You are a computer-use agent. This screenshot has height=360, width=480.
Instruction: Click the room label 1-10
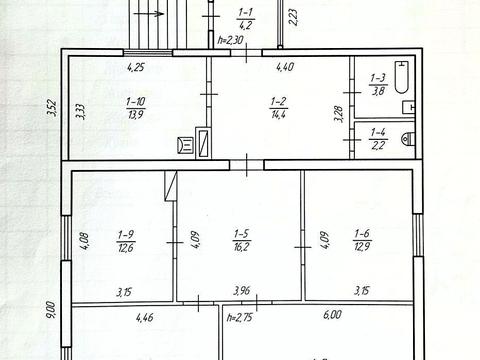pyautogui.click(x=136, y=101)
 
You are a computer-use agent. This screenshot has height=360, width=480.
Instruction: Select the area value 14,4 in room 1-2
pyautogui.click(x=279, y=115)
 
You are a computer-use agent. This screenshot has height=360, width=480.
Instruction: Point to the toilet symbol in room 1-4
pyautogui.click(x=408, y=138)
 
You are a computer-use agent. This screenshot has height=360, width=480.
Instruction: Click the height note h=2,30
pyautogui.click(x=231, y=40)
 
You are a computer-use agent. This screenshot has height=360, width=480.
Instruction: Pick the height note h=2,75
pyautogui.click(x=239, y=317)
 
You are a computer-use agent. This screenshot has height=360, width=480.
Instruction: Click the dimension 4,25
pyautogui.click(x=136, y=67)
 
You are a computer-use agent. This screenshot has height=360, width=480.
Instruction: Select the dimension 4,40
pyautogui.click(x=285, y=67)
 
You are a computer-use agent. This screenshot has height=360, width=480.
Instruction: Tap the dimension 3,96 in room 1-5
pyautogui.click(x=242, y=291)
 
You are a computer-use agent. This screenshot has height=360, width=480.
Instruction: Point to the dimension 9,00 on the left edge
pyautogui.click(x=50, y=310)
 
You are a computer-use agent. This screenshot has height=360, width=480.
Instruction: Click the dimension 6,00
pyautogui.click(x=332, y=314)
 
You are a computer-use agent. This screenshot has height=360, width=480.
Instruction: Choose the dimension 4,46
pyautogui.click(x=145, y=317)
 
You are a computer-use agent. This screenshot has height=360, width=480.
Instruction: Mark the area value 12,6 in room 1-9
pyautogui.click(x=126, y=248)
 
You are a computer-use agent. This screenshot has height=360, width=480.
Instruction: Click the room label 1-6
pyautogui.click(x=362, y=233)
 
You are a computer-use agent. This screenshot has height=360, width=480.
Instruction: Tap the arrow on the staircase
pyautogui.click(x=148, y=14)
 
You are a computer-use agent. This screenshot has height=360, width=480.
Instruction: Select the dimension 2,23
pyautogui.click(x=293, y=17)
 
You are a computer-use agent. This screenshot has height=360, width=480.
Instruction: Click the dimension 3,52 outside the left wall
pyautogui.click(x=52, y=108)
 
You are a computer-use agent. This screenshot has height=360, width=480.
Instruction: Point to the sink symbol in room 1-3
pyautogui.click(x=408, y=107)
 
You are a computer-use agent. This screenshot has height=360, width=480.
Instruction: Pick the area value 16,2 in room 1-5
pyautogui.click(x=242, y=247)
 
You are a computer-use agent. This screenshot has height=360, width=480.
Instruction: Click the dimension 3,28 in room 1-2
pyautogui.click(x=339, y=114)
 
